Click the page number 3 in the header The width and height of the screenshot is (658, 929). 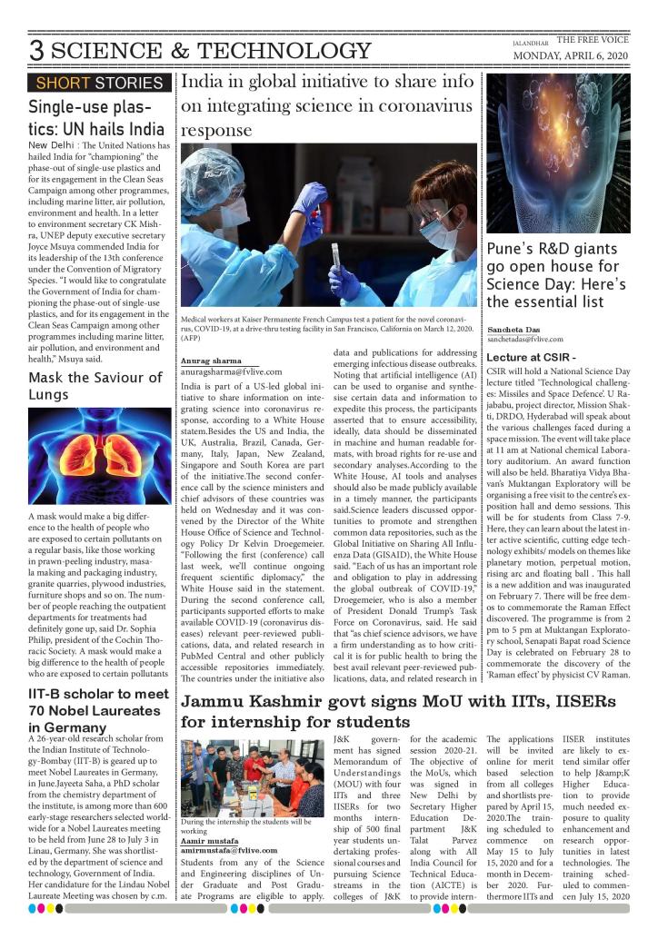coord(36,51)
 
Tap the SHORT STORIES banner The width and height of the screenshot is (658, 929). coord(99,84)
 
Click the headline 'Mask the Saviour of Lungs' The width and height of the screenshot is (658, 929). coord(87,386)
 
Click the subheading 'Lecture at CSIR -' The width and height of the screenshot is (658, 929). coord(532,357)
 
